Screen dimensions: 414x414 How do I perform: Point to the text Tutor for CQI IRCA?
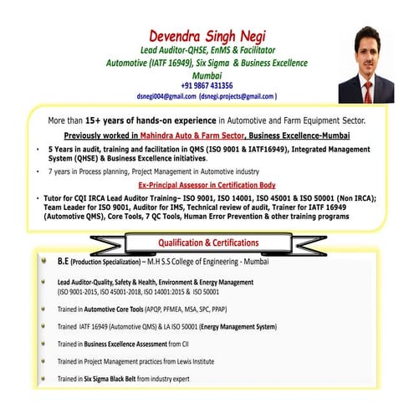[83, 197]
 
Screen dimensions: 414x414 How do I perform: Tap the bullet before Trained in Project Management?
[41, 361]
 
